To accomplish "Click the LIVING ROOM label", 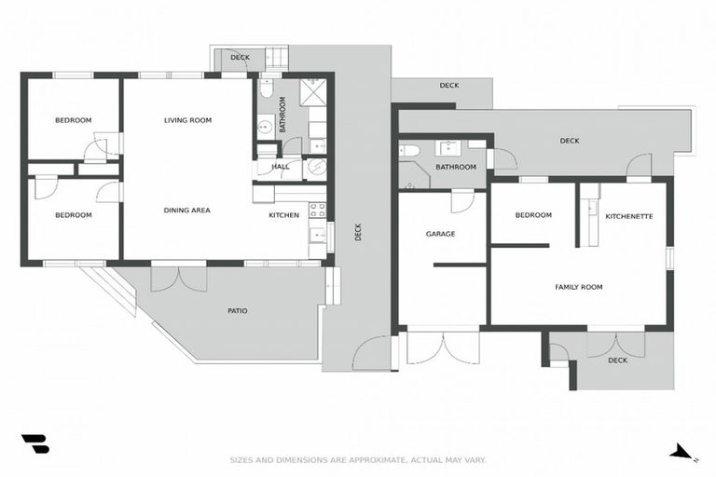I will pos(187,120).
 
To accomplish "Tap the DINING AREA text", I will pos(186,211).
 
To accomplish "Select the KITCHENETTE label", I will pos(628,216).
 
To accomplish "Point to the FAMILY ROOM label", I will pos(578,287).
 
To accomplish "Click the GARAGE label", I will pos(440,234).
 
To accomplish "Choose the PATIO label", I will pos(237,310).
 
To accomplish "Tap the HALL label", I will pos(280,168).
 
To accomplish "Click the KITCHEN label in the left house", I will pos(283,215).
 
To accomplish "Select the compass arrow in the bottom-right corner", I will pos(682,453).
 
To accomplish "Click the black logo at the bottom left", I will pos(34,444).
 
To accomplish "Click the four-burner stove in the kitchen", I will pos(317,210).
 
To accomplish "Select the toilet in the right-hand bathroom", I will pos(410,149).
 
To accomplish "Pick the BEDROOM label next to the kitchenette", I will pos(533,215).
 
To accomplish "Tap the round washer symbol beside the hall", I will pos(316,168).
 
